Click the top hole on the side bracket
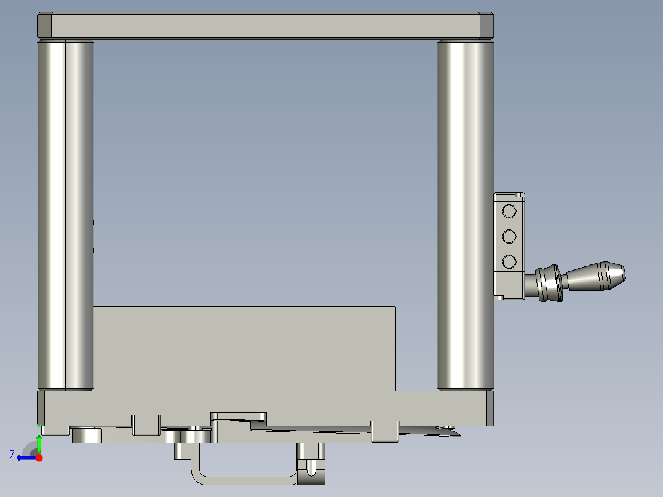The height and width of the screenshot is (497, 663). click(x=509, y=212)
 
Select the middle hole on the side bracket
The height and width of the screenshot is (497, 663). click(x=509, y=237)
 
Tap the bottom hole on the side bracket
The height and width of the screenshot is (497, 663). click(x=509, y=262)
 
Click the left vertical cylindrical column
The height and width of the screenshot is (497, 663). click(x=65, y=215)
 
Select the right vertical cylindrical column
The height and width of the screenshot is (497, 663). click(x=466, y=215)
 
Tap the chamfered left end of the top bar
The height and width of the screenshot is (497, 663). click(x=44, y=25)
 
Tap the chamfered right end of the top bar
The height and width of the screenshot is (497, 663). click(x=486, y=25)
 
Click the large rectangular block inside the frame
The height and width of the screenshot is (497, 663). click(x=244, y=348)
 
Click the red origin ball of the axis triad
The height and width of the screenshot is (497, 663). click(x=39, y=457)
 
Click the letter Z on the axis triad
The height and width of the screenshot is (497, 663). click(x=12, y=455)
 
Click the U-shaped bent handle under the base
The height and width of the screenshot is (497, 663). click(x=240, y=476)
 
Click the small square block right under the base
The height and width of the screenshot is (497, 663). click(x=385, y=431)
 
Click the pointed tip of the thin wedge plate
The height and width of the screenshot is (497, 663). click(x=458, y=434)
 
